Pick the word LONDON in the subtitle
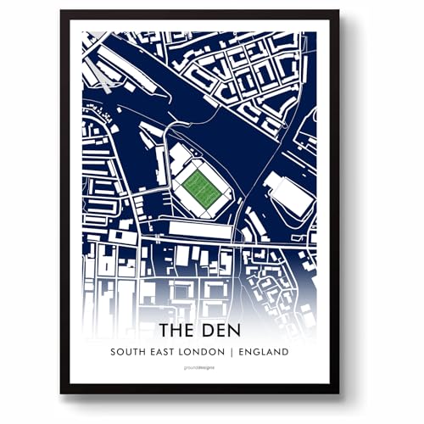[x=209, y=352]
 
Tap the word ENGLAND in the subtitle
[x=265, y=352]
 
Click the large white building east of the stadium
[x=288, y=194]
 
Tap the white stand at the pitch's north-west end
[x=180, y=159]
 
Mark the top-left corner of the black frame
[x=61, y=11]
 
